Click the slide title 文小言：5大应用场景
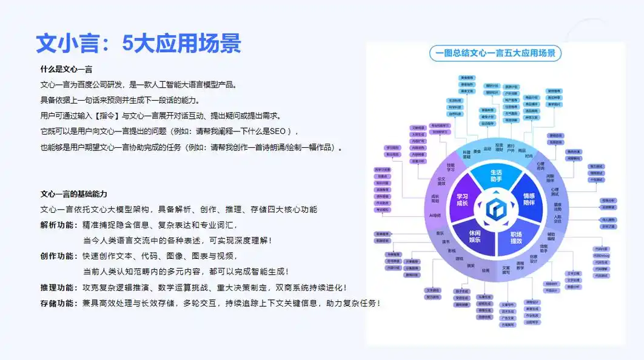(139, 43)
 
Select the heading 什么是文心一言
(66, 70)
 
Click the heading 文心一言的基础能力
(73, 194)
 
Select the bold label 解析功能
(58, 225)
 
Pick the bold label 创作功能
(58, 256)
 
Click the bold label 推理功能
(58, 287)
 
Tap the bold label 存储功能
(58, 303)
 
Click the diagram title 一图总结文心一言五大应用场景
(495, 53)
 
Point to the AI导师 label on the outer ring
(435, 215)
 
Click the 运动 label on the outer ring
(488, 149)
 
